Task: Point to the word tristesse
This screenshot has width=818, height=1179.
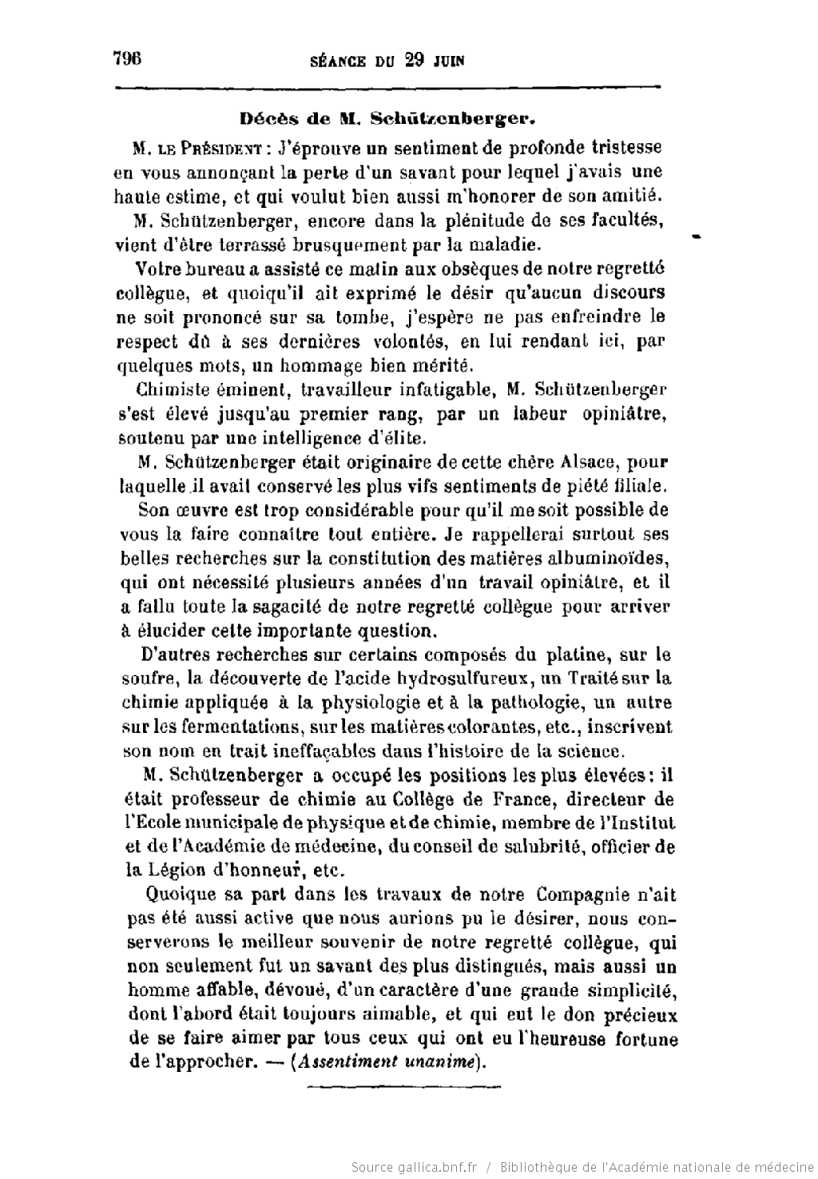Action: (x=627, y=147)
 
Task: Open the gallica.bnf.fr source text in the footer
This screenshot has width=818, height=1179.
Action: (x=414, y=1167)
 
